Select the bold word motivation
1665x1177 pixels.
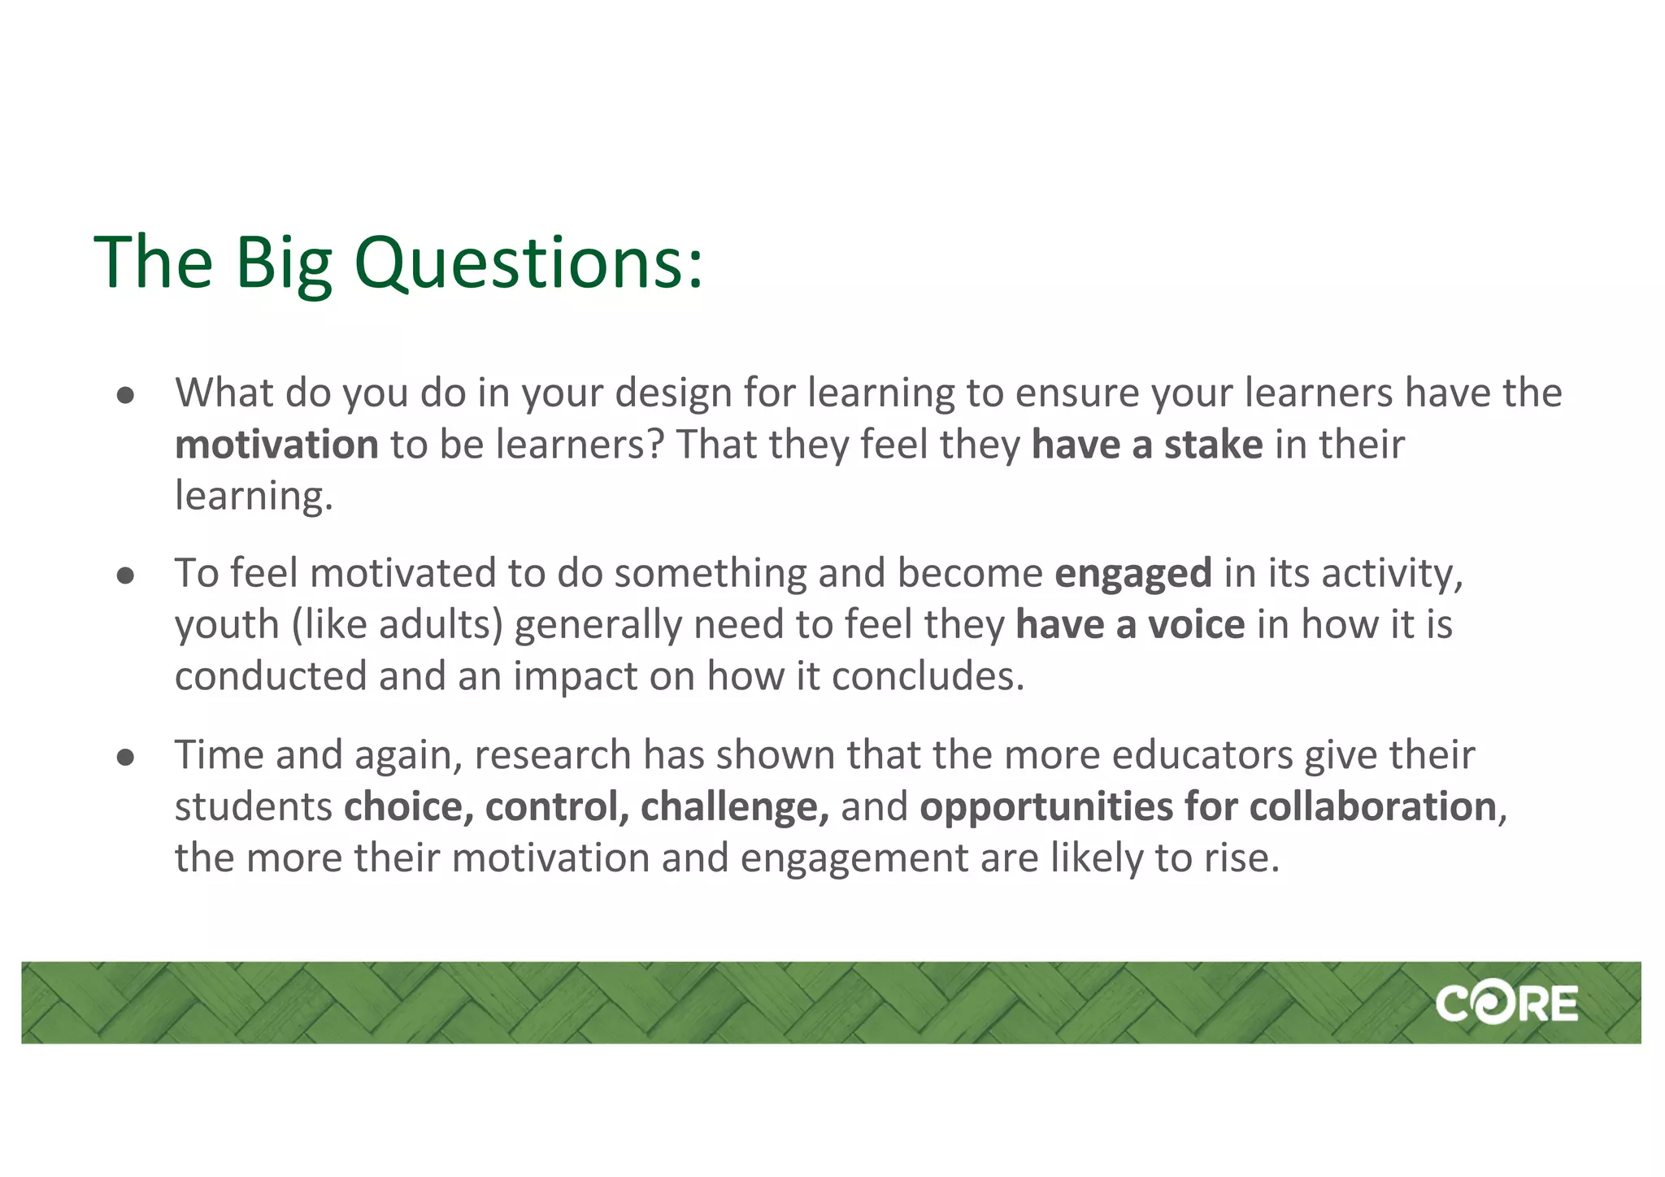tap(276, 445)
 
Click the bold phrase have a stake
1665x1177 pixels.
tap(1147, 445)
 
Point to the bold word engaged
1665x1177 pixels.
tap(1133, 573)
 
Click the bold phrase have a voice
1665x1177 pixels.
tap(1130, 625)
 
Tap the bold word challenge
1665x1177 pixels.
tap(734, 807)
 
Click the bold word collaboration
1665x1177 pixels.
tap(1372, 807)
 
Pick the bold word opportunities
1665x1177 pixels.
tap(1046, 807)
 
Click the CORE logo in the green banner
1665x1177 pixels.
tap(1506, 1004)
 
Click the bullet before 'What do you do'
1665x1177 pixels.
tap(125, 396)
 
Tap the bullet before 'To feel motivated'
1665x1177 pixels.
tap(125, 576)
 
